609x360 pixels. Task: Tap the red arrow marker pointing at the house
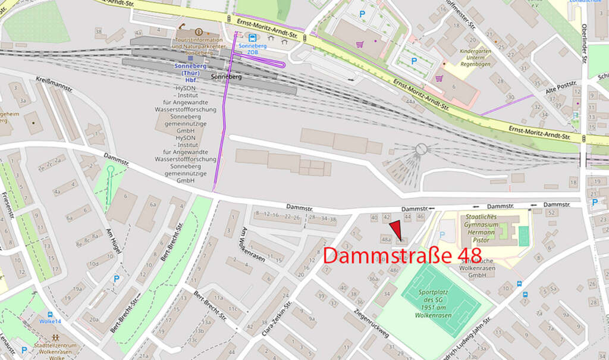[x=395, y=229]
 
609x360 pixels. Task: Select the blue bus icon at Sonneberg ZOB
[x=253, y=37]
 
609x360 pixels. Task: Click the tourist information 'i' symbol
[x=198, y=32]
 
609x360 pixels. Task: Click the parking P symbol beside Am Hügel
[x=116, y=278]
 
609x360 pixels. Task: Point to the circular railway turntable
[x=421, y=149]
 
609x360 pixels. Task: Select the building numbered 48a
[x=386, y=239]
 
